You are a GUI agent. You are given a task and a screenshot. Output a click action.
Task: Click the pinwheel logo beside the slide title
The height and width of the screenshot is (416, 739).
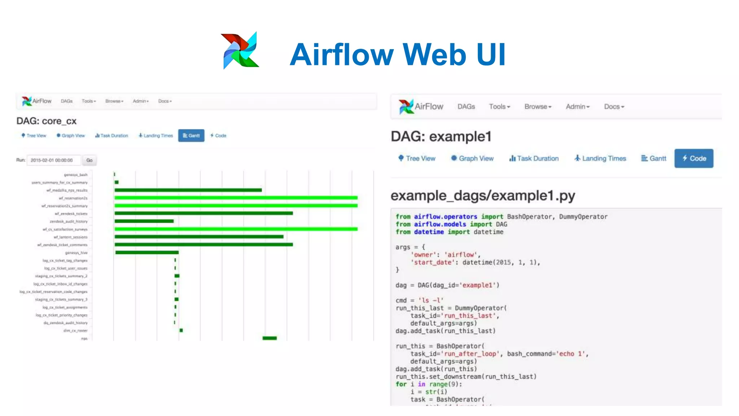(240, 50)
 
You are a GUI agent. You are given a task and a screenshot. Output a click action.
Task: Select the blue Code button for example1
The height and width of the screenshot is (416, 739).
(694, 158)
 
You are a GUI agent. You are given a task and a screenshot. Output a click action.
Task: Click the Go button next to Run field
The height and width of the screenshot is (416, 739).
(89, 160)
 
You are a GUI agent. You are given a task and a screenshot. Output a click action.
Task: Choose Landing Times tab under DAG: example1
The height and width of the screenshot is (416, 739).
(600, 158)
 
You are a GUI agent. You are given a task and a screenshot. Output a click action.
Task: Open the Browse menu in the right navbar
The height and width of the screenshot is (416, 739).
(538, 107)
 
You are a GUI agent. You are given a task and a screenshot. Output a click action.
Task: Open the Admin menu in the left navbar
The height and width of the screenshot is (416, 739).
(140, 101)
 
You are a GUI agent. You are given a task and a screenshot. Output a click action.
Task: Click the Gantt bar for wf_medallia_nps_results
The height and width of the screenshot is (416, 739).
(188, 190)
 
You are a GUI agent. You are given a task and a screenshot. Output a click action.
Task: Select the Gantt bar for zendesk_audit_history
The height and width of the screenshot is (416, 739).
(144, 221)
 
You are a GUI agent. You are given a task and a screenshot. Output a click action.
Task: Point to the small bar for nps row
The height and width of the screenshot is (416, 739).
(270, 338)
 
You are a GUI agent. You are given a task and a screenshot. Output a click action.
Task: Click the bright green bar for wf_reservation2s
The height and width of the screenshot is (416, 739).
(236, 198)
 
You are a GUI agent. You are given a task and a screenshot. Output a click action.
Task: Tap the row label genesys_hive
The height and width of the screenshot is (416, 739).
(76, 253)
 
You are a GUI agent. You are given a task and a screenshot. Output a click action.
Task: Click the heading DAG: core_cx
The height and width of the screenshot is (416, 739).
(47, 121)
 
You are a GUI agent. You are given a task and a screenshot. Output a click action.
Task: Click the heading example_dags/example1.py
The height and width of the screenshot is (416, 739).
(482, 195)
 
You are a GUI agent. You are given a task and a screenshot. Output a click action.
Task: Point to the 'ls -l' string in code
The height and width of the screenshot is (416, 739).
(431, 300)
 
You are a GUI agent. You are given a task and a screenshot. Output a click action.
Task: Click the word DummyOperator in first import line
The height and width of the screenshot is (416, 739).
(583, 217)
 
